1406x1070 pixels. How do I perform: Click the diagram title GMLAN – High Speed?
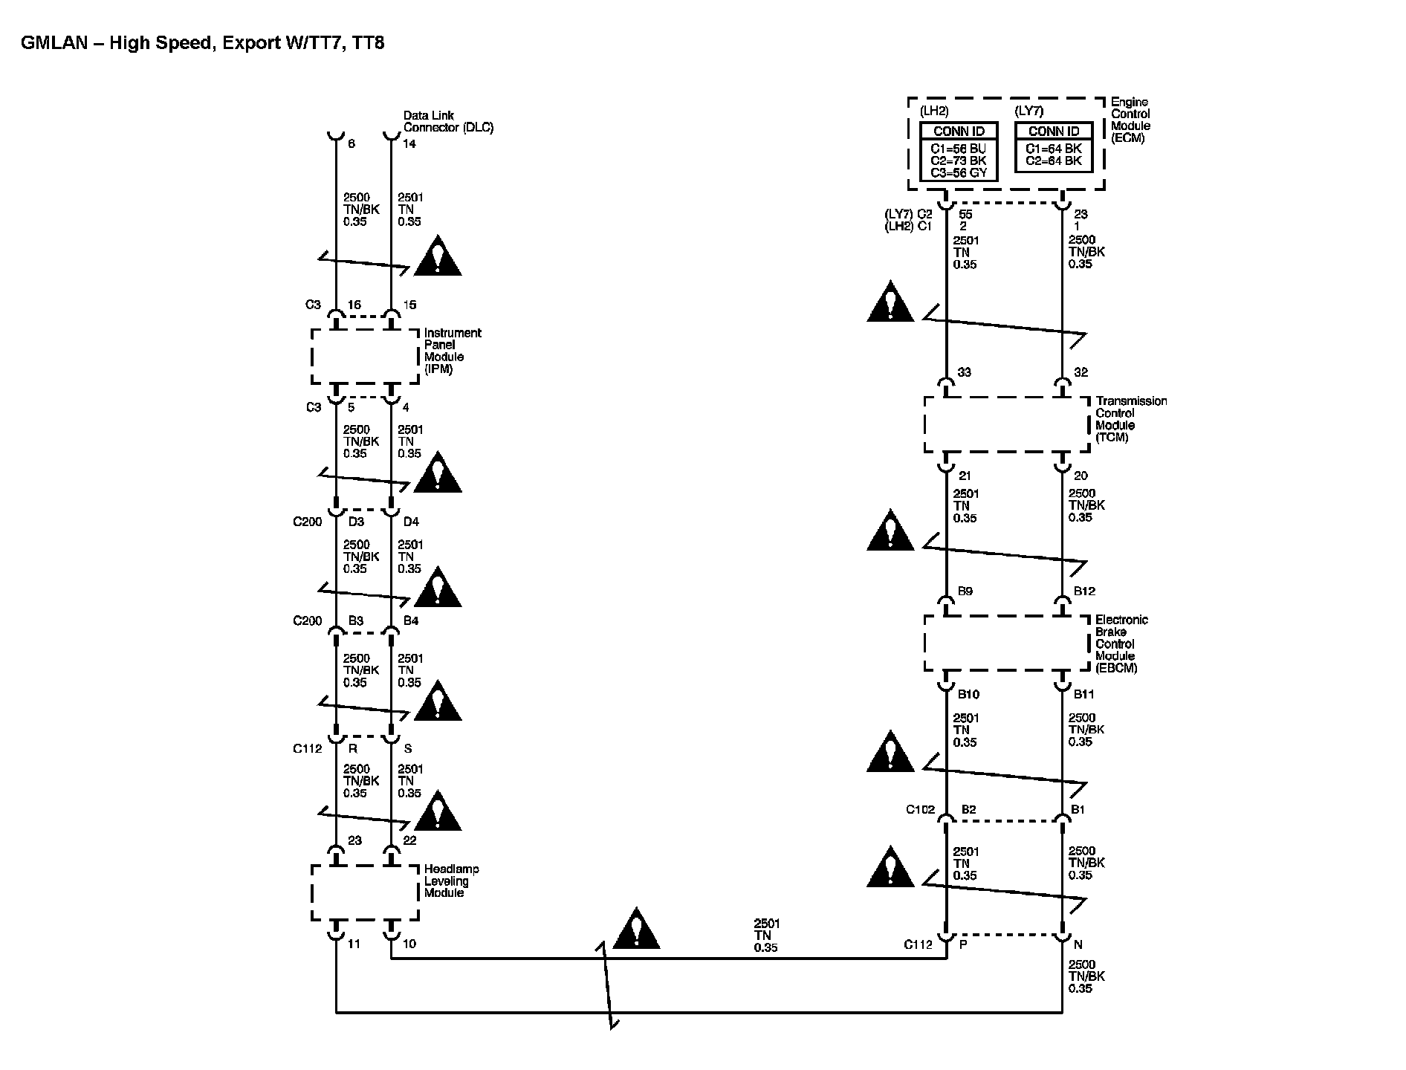click(x=202, y=42)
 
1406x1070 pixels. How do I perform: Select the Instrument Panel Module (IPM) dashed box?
click(x=364, y=357)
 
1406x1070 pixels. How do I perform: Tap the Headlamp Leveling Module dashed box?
click(x=364, y=892)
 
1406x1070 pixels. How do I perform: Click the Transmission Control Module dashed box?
click(x=1006, y=424)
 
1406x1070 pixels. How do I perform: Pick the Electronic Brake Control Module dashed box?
click(x=1006, y=643)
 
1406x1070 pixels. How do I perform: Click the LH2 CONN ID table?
click(x=958, y=152)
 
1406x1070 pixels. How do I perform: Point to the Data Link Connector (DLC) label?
click(x=447, y=122)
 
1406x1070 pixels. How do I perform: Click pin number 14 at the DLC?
click(x=409, y=144)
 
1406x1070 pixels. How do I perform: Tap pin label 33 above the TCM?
click(x=964, y=372)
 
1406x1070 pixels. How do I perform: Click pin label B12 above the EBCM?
click(x=1084, y=591)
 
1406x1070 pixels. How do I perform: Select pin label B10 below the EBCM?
click(x=968, y=695)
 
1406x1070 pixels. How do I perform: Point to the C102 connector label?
click(x=920, y=810)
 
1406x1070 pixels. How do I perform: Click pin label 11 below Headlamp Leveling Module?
click(x=354, y=944)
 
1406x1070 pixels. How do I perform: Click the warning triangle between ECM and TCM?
click(x=890, y=302)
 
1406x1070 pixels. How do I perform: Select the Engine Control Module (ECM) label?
click(x=1130, y=120)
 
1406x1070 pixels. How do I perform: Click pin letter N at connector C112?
click(x=1078, y=944)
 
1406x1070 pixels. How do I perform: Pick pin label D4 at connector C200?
click(x=411, y=522)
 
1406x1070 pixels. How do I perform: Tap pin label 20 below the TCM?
click(x=1081, y=476)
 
